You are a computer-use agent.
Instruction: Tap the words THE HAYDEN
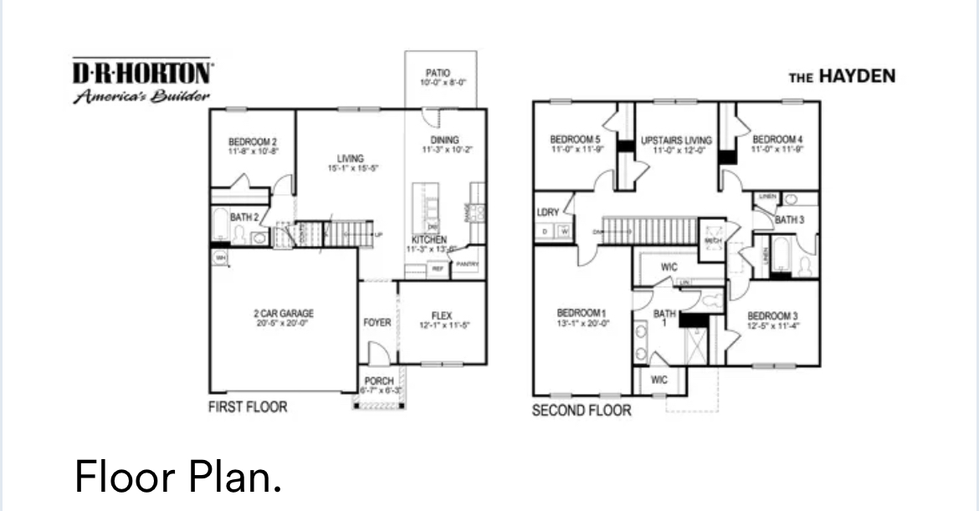[x=842, y=77]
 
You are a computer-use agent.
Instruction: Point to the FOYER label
[x=377, y=322]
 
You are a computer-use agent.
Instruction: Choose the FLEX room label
[x=442, y=315]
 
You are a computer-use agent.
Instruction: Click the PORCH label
[x=380, y=381]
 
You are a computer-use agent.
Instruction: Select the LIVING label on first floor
[x=351, y=158]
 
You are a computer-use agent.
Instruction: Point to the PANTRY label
[x=466, y=265]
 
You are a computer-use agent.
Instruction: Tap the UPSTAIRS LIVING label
[x=676, y=141]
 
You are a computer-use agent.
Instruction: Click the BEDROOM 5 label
[x=575, y=140]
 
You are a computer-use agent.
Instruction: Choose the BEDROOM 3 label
[x=769, y=315]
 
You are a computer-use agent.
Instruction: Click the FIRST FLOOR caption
[x=247, y=407]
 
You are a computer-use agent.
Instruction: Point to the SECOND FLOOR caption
[x=582, y=411]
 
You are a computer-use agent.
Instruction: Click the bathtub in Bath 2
[x=221, y=226]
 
